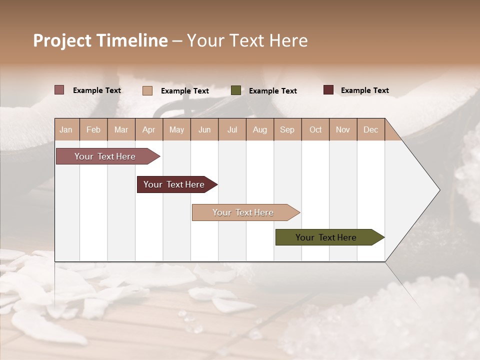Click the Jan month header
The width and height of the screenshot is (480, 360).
tap(66, 129)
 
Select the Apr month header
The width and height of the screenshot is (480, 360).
tap(149, 129)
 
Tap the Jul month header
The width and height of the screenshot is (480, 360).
tap(232, 129)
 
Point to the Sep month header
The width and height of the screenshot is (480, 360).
tap(287, 129)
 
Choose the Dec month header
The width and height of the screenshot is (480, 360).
tap(370, 129)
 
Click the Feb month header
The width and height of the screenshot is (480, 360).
tap(93, 129)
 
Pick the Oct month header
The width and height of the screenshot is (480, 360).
tap(315, 129)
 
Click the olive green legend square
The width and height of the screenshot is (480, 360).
tap(236, 90)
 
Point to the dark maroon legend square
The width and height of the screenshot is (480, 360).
tap(328, 90)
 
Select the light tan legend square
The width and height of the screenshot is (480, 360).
tap(147, 90)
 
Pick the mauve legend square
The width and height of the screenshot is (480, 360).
tap(59, 90)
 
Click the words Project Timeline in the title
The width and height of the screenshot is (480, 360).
tap(100, 40)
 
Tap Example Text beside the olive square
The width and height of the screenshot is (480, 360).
tap(273, 91)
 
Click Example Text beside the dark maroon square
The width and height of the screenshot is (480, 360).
tap(365, 90)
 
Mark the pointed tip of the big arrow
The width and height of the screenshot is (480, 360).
tap(439, 189)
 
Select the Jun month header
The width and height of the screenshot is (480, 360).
tap(204, 129)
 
